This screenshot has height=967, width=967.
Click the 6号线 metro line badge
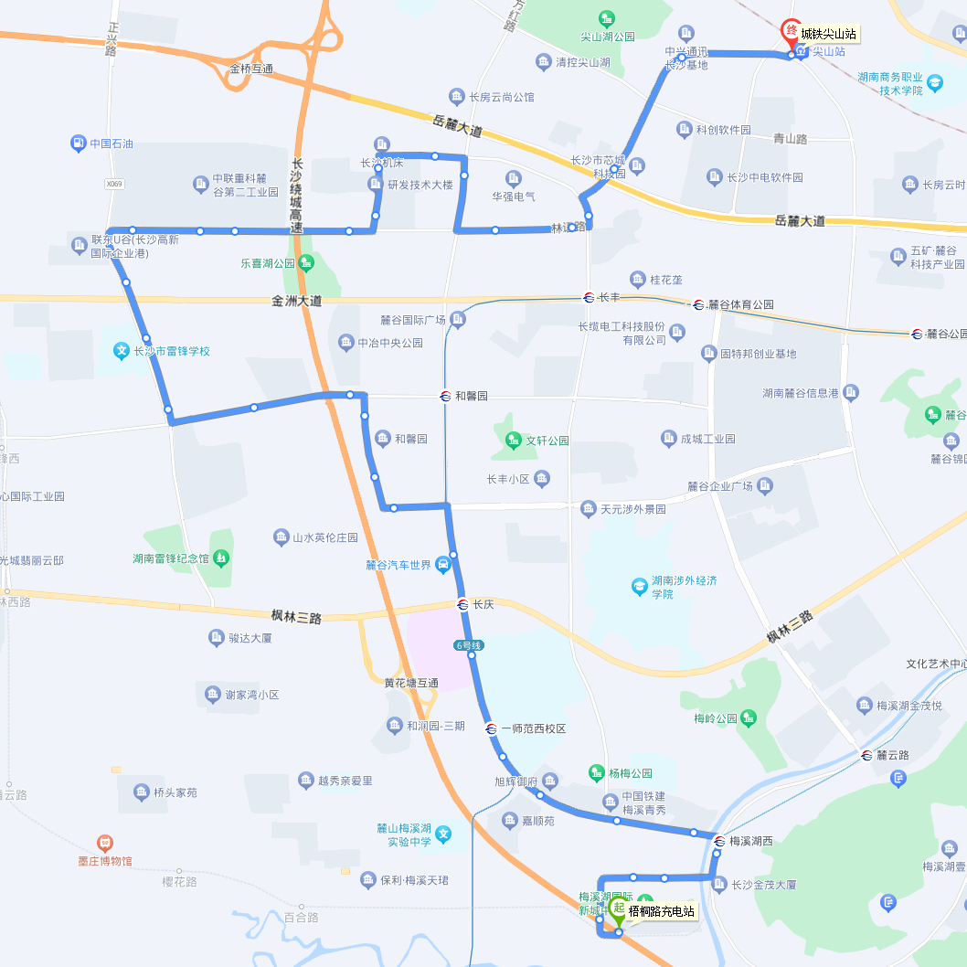(469, 646)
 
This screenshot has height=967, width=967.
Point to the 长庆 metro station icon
(463, 604)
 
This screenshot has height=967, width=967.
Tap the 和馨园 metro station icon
(445, 396)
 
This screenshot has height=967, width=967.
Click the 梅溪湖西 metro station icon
(719, 841)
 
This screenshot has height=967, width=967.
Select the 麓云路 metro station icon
(866, 755)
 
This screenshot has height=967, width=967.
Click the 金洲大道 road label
(297, 300)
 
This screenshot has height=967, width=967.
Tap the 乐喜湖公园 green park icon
(306, 262)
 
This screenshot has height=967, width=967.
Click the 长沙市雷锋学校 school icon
(121, 350)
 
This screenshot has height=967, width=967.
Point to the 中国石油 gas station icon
(78, 143)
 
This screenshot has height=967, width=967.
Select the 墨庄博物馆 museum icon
(105, 843)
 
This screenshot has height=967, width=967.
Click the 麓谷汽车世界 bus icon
(443, 564)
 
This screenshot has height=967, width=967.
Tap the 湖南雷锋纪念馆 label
(171, 558)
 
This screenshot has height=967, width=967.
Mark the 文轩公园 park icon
(513, 440)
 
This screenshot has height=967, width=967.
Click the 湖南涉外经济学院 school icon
(640, 586)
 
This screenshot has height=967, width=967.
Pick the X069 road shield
(113, 184)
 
